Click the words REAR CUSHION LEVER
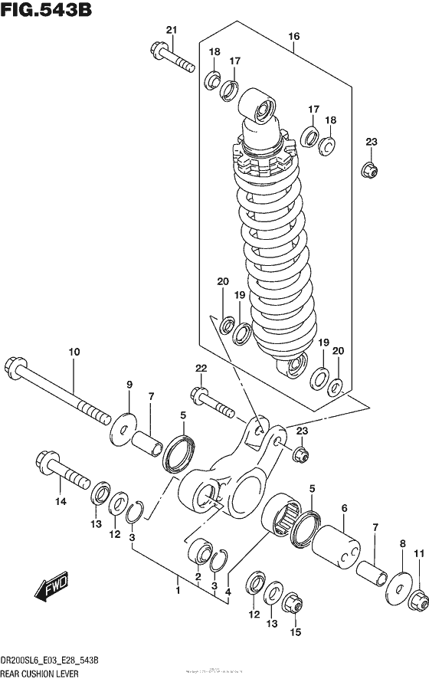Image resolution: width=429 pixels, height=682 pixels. click(x=39, y=674)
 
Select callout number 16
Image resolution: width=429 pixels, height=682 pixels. click(x=293, y=36)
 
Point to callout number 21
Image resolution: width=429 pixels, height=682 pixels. click(x=171, y=30)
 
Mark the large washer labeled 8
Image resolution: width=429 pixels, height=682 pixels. click(x=396, y=579)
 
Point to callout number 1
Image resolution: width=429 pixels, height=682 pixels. click(x=178, y=591)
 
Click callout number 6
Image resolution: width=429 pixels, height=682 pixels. click(x=344, y=508)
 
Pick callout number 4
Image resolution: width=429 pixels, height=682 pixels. click(x=228, y=591)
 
